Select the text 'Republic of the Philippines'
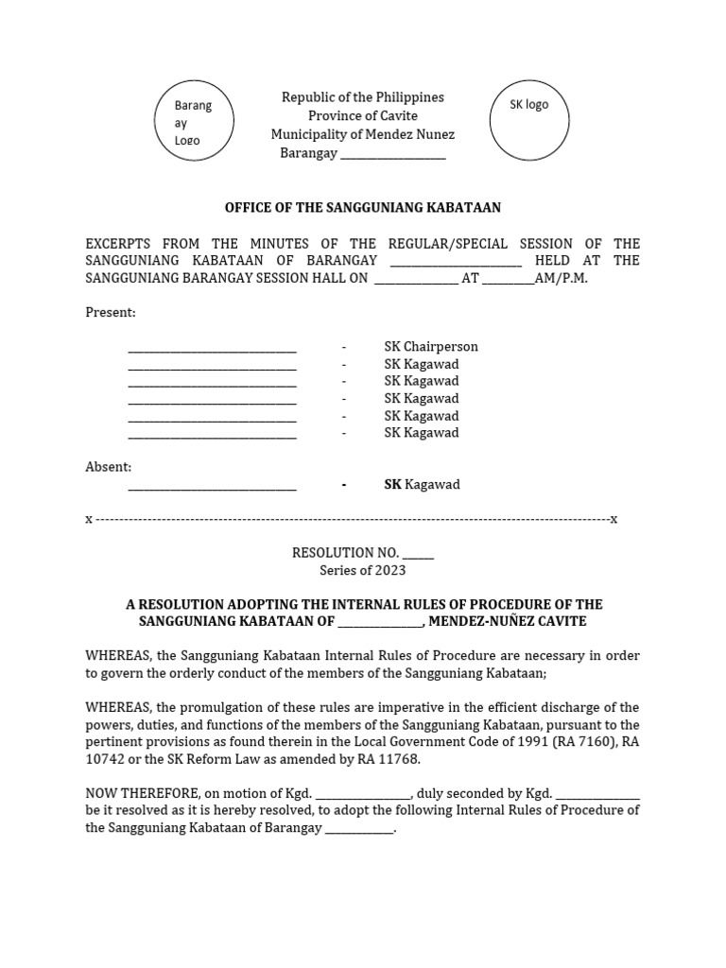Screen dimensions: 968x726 coord(362,97)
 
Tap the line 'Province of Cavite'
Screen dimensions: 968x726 coord(362,115)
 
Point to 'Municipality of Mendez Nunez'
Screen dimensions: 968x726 coord(362,134)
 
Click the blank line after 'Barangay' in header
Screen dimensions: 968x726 coord(392,153)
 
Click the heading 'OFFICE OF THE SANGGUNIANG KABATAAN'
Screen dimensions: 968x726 coord(362,207)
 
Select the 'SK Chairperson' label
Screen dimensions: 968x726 coord(430,347)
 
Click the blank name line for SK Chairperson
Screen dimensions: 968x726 coord(212,347)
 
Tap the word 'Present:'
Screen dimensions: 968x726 coord(111,312)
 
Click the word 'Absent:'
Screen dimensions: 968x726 coord(109,467)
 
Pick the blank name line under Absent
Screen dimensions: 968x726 coord(212,485)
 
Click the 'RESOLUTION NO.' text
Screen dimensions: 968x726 coord(346,553)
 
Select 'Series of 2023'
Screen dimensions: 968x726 coord(362,570)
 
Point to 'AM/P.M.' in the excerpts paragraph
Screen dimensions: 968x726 coord(562,279)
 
